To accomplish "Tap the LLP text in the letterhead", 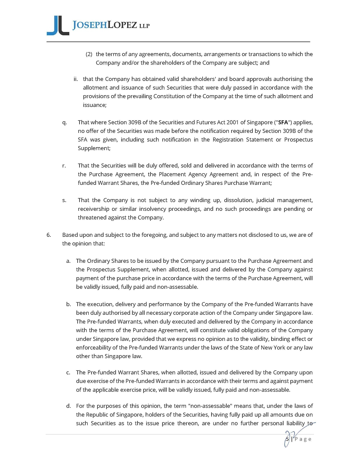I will coord(144,27).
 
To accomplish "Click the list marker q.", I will coord(64,122).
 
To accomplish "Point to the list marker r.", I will coord(64,166).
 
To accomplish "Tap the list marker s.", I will coord(64,200).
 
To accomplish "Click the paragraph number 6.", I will coord(49,235).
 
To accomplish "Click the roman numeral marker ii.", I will coord(76,79).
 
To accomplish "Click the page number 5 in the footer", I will coord(288,439).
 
